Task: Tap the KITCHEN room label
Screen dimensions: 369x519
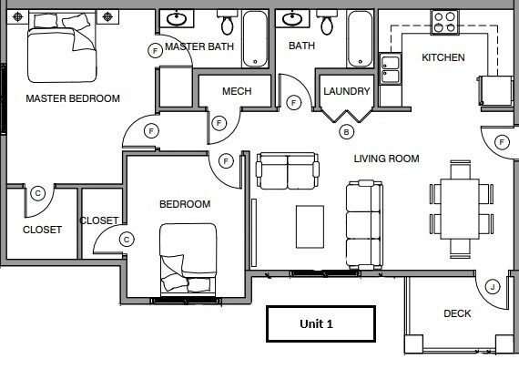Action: click(x=443, y=57)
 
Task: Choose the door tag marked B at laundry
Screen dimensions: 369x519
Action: click(x=345, y=131)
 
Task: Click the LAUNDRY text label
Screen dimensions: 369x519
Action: click(x=347, y=91)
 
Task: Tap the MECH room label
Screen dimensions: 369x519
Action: click(x=236, y=91)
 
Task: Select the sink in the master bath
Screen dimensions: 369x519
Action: click(x=176, y=18)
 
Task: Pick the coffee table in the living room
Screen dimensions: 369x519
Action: click(x=310, y=225)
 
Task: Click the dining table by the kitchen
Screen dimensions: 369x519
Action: click(x=462, y=207)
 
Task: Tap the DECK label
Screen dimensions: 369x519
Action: click(x=457, y=313)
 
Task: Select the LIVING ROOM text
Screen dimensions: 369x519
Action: click(x=386, y=159)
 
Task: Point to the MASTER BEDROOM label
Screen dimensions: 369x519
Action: click(x=73, y=98)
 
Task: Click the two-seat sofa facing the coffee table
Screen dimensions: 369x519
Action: click(x=288, y=170)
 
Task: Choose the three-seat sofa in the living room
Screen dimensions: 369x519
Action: click(x=364, y=223)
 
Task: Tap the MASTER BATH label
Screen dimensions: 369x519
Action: click(x=199, y=46)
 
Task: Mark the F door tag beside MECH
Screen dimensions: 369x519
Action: click(x=219, y=123)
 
